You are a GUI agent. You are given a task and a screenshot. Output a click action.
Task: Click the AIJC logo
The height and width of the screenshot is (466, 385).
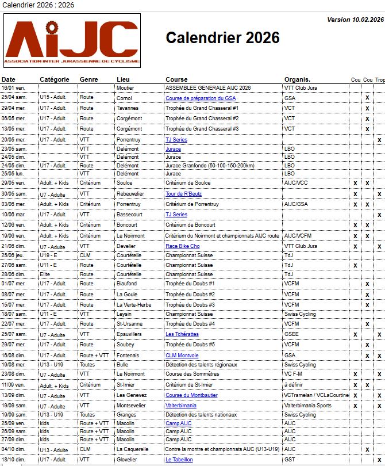pyautogui.click(x=72, y=40)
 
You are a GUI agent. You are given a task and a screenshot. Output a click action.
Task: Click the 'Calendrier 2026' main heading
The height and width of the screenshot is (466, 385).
pyautogui.click(x=222, y=38)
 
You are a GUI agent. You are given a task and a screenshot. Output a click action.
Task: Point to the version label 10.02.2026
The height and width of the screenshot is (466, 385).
pyautogui.click(x=355, y=20)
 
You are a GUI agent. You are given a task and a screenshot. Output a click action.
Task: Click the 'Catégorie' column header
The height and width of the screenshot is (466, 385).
pyautogui.click(x=55, y=79)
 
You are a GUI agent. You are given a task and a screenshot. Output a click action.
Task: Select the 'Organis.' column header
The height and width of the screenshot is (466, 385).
pyautogui.click(x=297, y=79)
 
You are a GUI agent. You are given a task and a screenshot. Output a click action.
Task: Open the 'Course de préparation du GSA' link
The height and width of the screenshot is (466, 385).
pyautogui.click(x=200, y=98)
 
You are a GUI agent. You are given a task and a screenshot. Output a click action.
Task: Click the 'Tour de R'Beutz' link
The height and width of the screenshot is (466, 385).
pyautogui.click(x=183, y=194)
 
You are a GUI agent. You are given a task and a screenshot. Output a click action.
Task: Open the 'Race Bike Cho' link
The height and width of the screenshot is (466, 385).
pyautogui.click(x=183, y=246)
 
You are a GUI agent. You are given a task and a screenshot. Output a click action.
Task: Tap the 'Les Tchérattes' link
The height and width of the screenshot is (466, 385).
pyautogui.click(x=182, y=334)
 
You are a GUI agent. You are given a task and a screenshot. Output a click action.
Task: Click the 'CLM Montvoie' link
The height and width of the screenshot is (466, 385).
pyautogui.click(x=182, y=356)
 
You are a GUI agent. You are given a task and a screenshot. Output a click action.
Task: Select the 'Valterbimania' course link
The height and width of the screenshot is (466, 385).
pyautogui.click(x=182, y=406)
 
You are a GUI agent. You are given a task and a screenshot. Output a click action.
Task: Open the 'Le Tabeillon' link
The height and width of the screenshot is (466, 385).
pyautogui.click(x=179, y=460)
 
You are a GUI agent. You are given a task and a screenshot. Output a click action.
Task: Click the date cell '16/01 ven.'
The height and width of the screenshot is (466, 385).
pyautogui.click(x=13, y=88)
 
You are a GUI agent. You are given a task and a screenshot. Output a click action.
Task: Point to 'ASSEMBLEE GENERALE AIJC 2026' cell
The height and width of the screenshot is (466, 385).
pyautogui.click(x=208, y=88)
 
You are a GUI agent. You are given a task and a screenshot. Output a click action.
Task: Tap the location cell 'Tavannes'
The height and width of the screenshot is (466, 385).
pyautogui.click(x=127, y=108)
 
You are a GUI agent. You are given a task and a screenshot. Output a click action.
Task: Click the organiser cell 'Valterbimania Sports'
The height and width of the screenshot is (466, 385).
pyautogui.click(x=307, y=406)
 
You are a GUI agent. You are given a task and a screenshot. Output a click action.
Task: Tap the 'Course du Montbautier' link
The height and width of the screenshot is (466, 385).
pyautogui.click(x=191, y=395)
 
